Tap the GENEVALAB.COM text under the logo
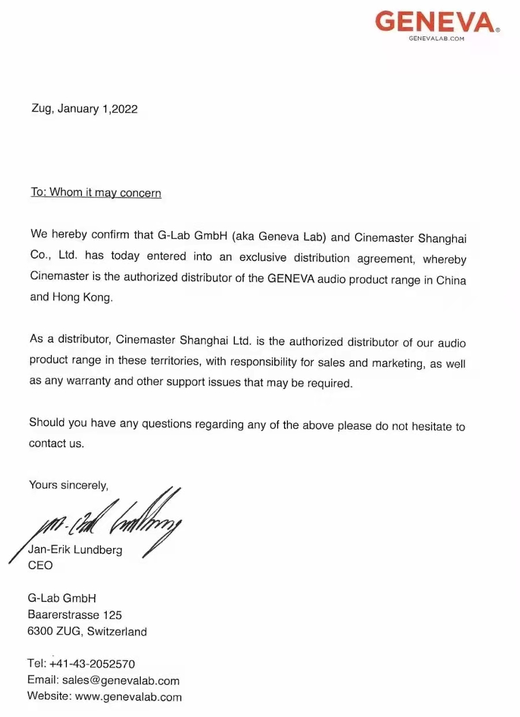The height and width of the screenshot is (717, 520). coord(436,38)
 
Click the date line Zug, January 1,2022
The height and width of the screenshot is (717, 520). coord(84,109)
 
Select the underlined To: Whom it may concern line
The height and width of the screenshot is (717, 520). coord(96,193)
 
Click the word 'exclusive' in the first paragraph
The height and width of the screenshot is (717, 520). coord(265,257)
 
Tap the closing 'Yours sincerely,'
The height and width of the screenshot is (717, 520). coord(69,486)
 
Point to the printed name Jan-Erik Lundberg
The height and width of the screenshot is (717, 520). coord(75,550)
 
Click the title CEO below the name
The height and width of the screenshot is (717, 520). coord(40,565)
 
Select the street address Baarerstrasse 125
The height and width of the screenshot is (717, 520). coord(74,615)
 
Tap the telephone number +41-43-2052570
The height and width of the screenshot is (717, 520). coord(96,664)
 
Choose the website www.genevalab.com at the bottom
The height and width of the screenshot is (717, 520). coord(128,697)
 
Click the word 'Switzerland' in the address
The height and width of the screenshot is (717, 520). coord(117,632)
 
